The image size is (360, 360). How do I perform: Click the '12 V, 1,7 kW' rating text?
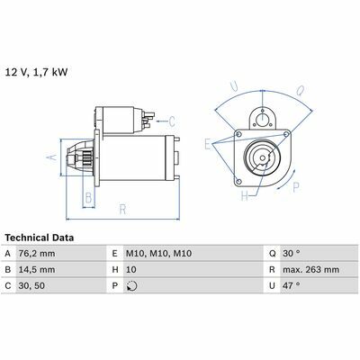point(36,72)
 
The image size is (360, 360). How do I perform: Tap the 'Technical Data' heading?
point(40,238)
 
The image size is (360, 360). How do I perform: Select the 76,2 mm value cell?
point(37,254)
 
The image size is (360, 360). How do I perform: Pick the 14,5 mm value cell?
point(37,269)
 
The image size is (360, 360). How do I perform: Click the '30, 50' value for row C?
point(31,285)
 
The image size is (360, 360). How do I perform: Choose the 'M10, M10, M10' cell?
point(158,254)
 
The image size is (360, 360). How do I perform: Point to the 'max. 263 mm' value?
point(310,269)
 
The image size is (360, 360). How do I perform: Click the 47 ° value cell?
point(291,285)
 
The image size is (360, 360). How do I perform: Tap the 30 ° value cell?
point(291,254)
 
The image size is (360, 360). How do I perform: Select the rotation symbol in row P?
point(132,286)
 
